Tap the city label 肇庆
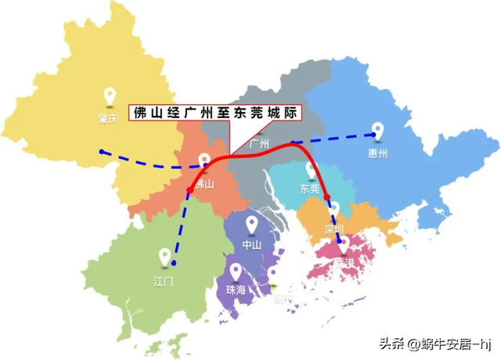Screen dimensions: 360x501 (107, 118)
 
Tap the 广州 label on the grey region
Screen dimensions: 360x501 (259, 144)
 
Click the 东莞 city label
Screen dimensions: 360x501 (310, 189)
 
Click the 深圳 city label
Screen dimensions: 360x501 (333, 229)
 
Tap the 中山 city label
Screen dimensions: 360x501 (251, 245)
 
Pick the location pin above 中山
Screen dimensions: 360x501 (252, 225)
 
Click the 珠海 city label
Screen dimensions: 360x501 (236, 290)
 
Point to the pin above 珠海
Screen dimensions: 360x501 (237, 270)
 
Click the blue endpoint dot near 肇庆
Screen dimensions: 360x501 (101, 151)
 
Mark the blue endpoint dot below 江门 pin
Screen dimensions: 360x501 (174, 262)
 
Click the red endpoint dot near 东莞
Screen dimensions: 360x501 (328, 197)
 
